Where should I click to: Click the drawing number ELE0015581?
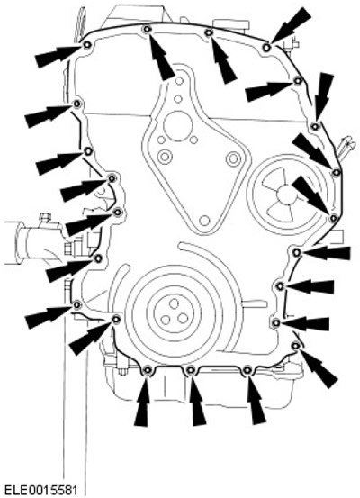(x=41, y=490)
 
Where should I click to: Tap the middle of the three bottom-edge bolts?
(x=191, y=370)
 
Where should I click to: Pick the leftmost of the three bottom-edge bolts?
(x=148, y=370)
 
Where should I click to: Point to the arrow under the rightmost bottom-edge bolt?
(x=256, y=400)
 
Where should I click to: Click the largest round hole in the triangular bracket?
(x=178, y=126)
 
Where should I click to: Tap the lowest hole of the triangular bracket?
(x=205, y=221)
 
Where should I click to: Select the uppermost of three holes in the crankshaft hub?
(x=174, y=304)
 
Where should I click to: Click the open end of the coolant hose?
(x=20, y=242)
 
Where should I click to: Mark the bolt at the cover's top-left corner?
(x=87, y=45)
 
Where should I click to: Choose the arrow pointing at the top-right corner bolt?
(x=291, y=25)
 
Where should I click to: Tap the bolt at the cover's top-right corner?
(x=267, y=48)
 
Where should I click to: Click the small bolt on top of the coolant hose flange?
(x=45, y=218)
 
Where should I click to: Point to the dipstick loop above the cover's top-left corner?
(x=80, y=23)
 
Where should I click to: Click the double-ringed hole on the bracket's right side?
(x=233, y=158)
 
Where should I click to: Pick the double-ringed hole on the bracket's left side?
(x=165, y=157)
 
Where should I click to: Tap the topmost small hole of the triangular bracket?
(x=179, y=81)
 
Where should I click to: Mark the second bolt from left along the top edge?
(x=147, y=29)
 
